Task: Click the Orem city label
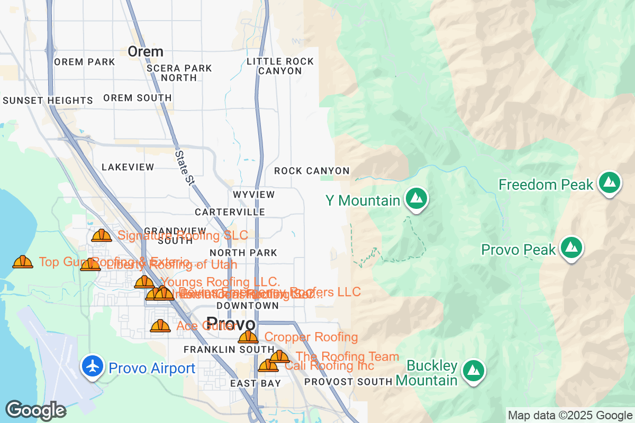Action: pyautogui.click(x=146, y=52)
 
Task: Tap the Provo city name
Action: pyautogui.click(x=231, y=323)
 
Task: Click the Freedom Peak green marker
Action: pyautogui.click(x=610, y=183)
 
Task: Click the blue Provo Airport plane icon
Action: pyautogui.click(x=93, y=366)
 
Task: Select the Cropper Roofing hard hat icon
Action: pyautogui.click(x=248, y=337)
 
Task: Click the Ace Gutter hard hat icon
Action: pyautogui.click(x=160, y=326)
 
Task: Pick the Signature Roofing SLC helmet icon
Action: pyautogui.click(x=101, y=235)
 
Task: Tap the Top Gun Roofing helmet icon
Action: pyautogui.click(x=22, y=262)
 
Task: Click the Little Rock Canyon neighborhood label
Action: pyautogui.click(x=280, y=66)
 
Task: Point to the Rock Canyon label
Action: pyautogui.click(x=312, y=171)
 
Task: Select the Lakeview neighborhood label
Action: pyautogui.click(x=128, y=167)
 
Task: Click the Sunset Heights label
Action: pyautogui.click(x=48, y=100)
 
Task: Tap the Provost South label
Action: pyautogui.click(x=348, y=381)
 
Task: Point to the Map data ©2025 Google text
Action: pyautogui.click(x=570, y=416)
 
